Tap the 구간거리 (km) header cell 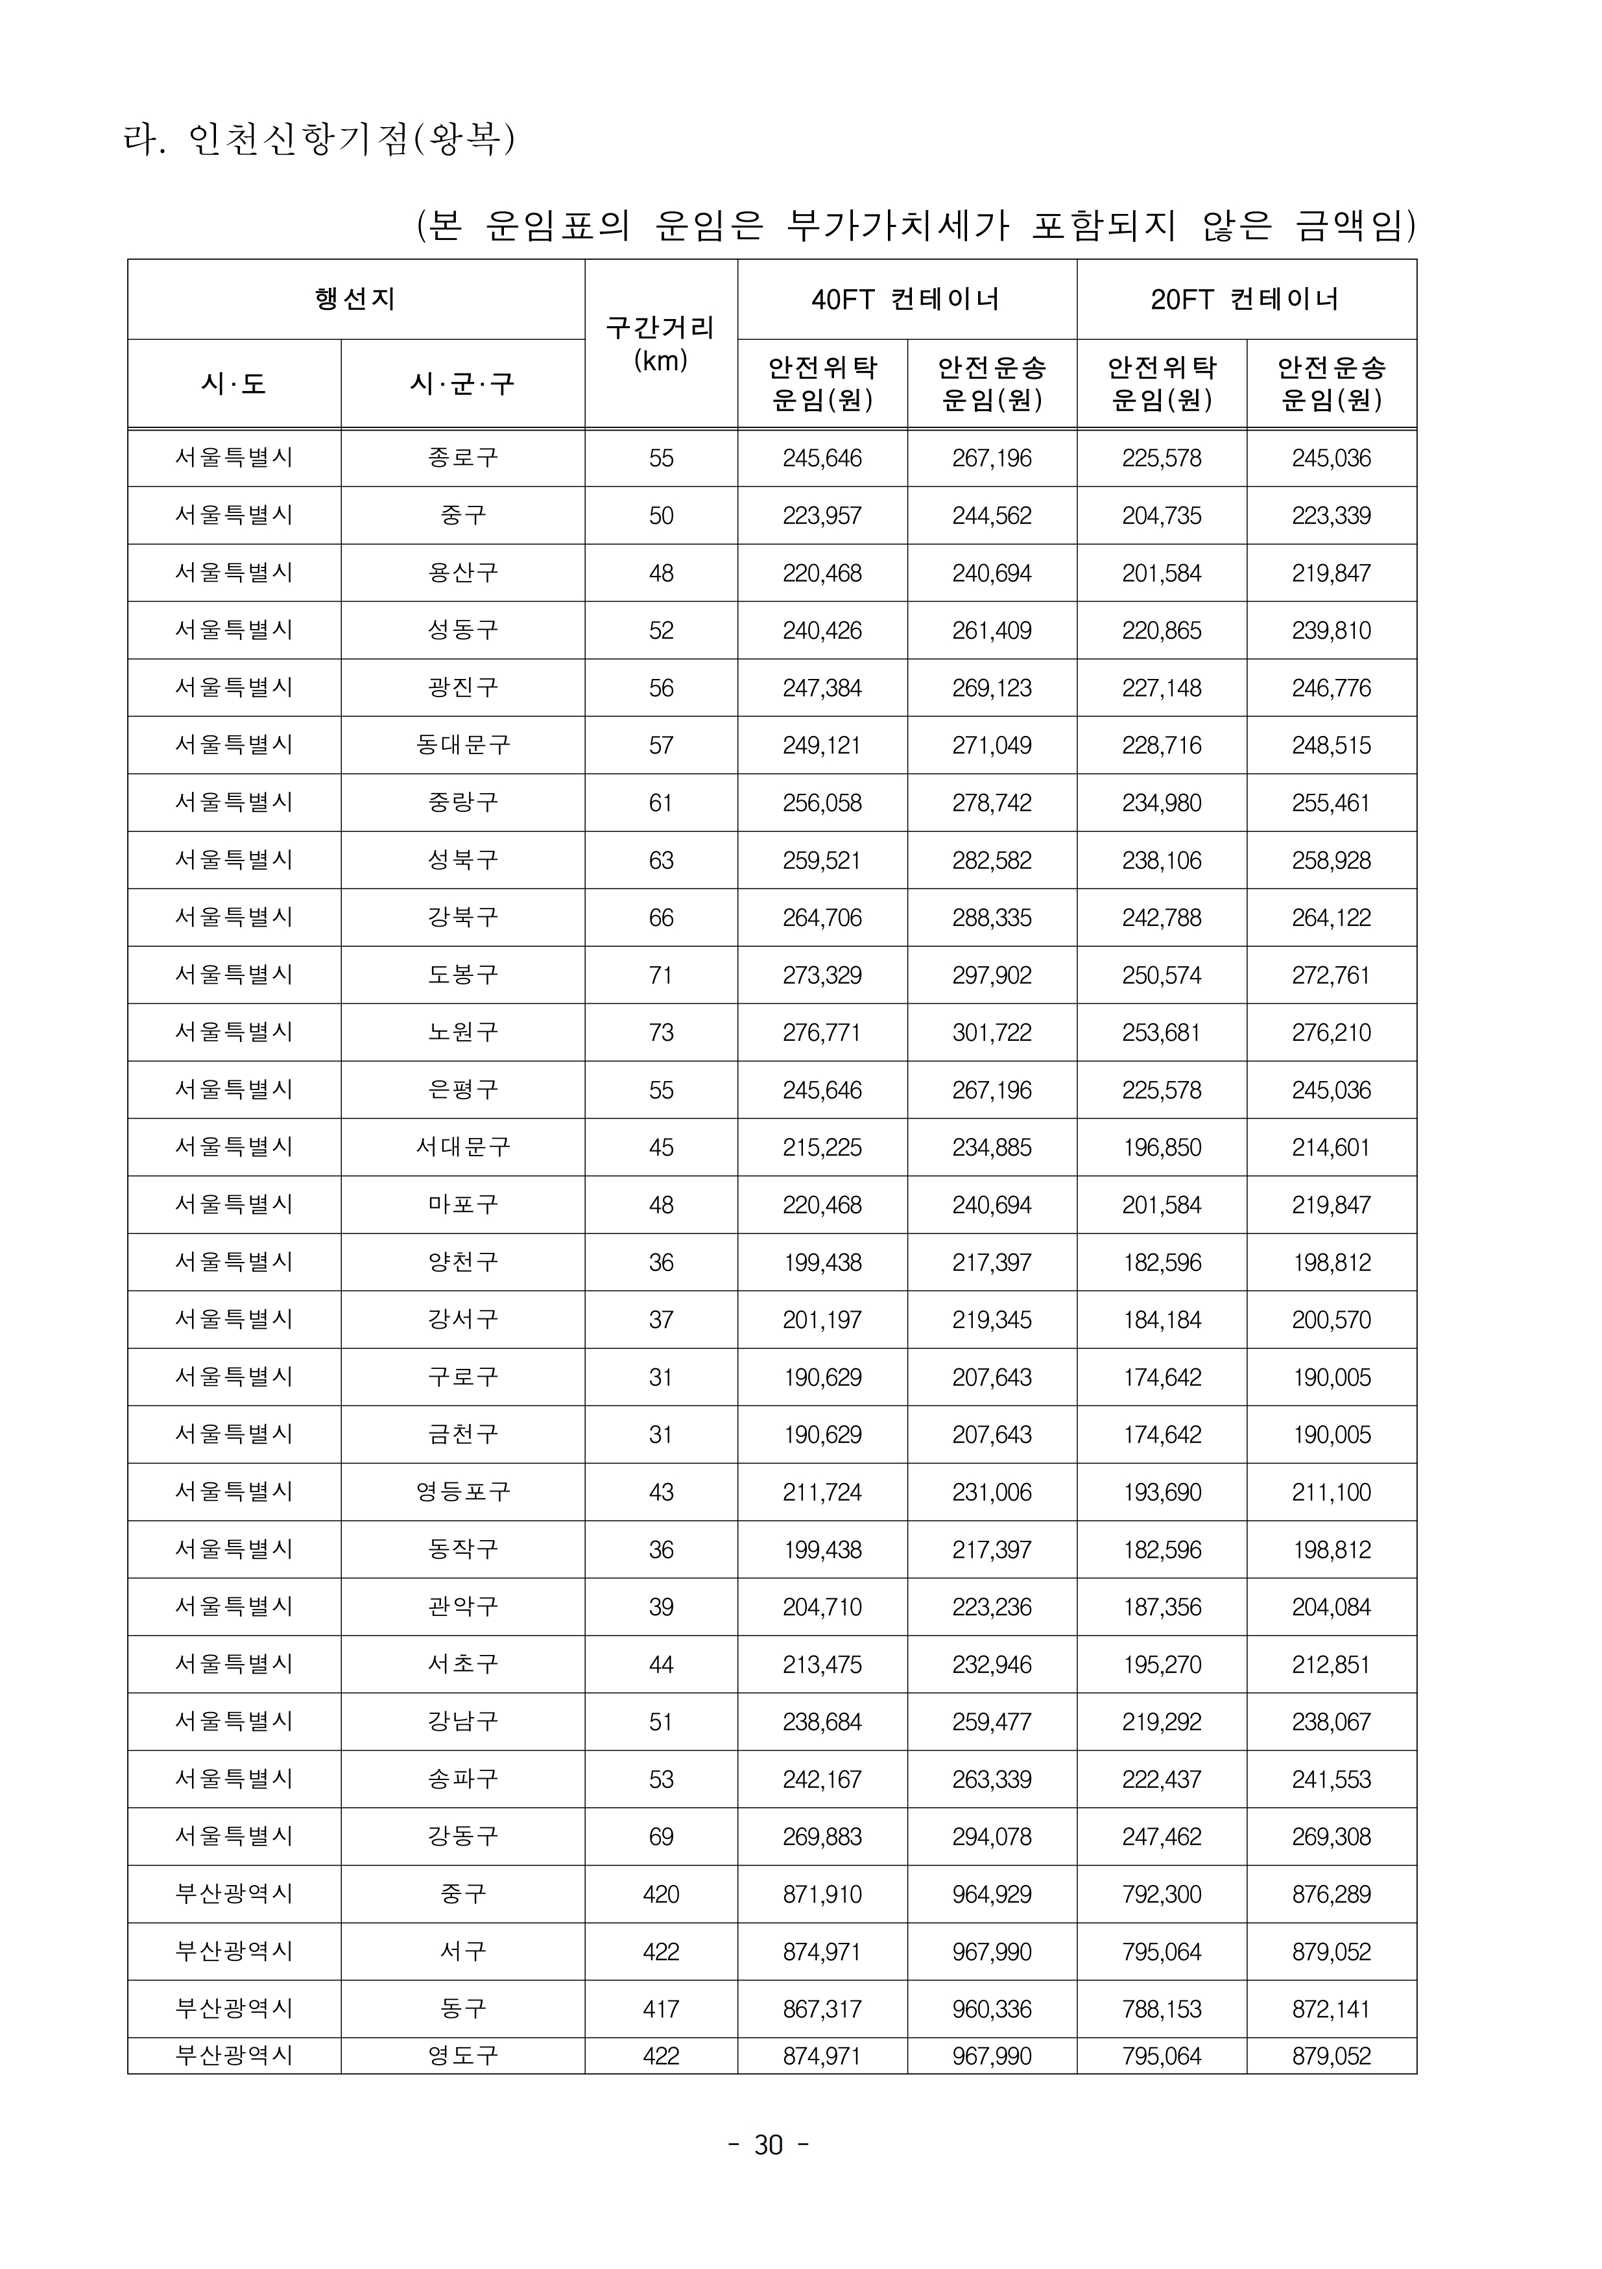click(x=660, y=343)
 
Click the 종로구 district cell click(x=462, y=458)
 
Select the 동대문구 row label click(x=462, y=745)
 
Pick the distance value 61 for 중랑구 click(x=660, y=802)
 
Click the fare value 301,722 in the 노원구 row click(x=991, y=1033)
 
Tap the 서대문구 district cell click(x=462, y=1147)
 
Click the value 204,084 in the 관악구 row click(x=1330, y=1607)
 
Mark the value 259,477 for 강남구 click(x=991, y=1722)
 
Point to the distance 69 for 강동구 click(x=660, y=1836)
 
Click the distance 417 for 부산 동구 click(x=660, y=2009)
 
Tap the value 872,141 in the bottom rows click(x=1330, y=2009)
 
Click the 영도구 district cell click(x=462, y=2056)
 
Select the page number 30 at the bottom click(x=768, y=2146)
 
